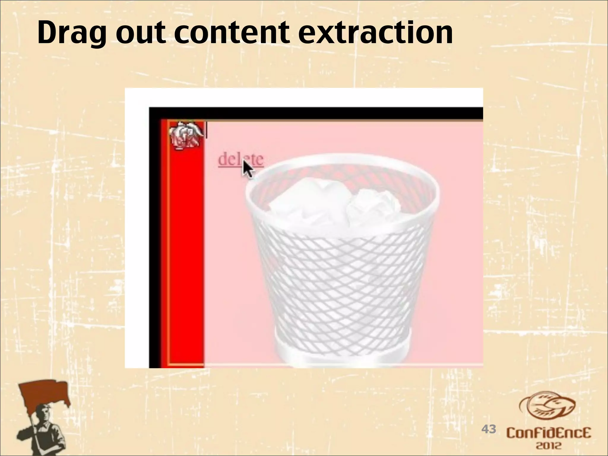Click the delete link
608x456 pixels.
point(240,159)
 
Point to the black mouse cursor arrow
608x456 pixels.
point(248,170)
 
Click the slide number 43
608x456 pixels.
point(488,429)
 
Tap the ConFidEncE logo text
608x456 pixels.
point(549,433)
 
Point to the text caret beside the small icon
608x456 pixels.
point(207,131)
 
